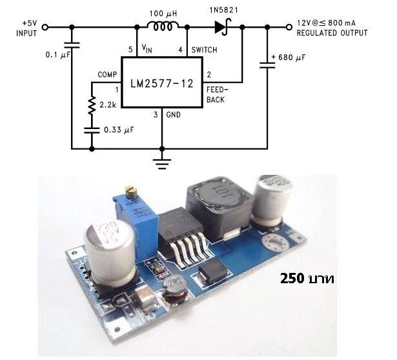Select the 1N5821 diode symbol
click(222, 27)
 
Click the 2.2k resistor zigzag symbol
click(92, 105)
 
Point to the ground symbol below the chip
click(161, 161)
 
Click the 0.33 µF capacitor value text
click(119, 130)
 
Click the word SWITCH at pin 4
click(203, 50)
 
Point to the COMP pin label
click(107, 75)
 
